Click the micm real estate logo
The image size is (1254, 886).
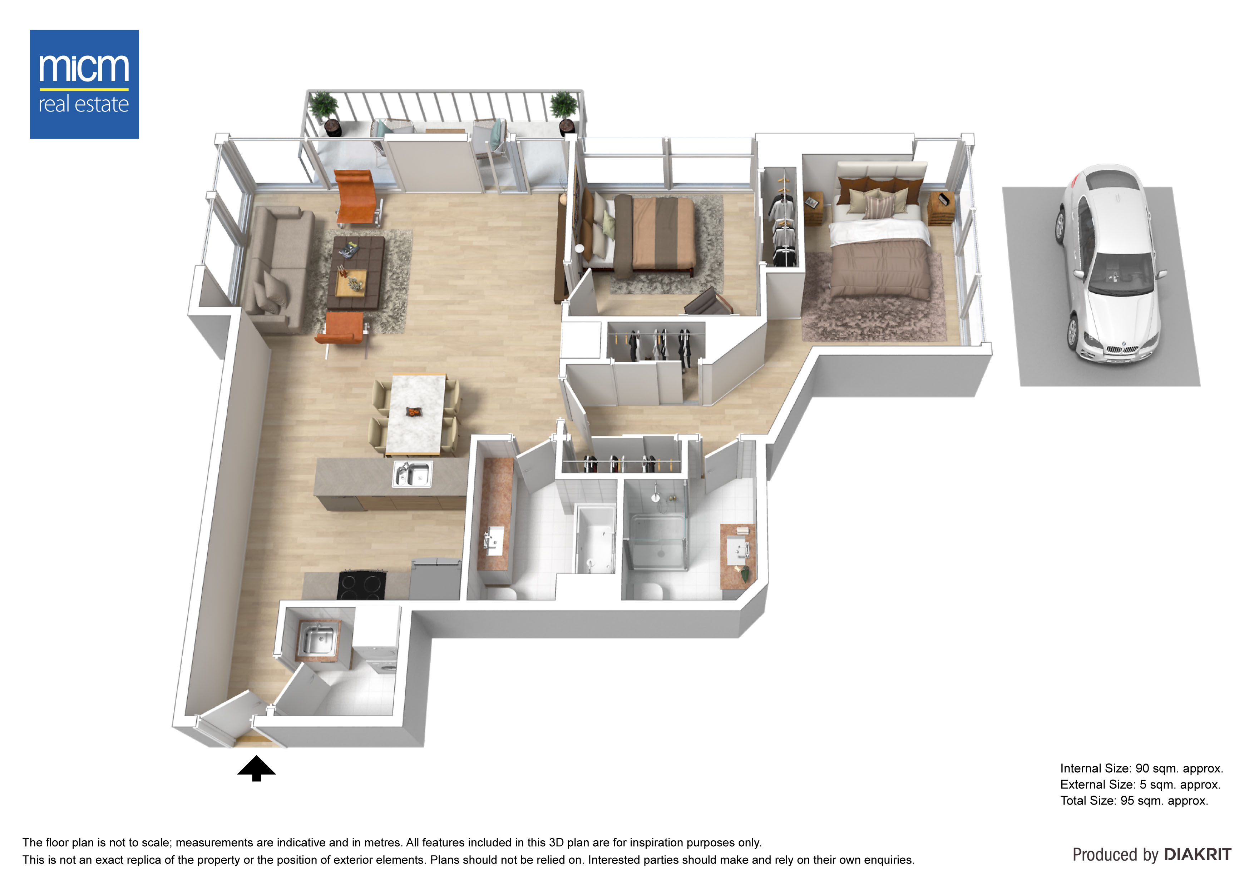(84, 84)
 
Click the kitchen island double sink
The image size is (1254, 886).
(413, 474)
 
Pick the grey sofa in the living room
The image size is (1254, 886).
(278, 269)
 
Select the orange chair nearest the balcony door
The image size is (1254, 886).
(357, 196)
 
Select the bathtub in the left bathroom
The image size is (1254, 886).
(594, 539)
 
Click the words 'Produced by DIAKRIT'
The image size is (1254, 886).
(1152, 854)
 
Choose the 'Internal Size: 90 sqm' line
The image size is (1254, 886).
(1141, 768)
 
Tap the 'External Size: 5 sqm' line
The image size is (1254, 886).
(1140, 785)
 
